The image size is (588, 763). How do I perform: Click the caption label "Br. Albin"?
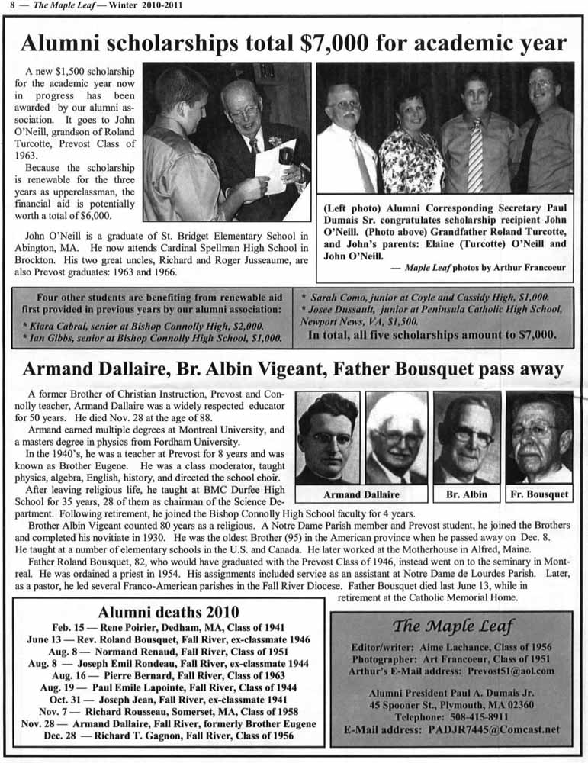(x=465, y=494)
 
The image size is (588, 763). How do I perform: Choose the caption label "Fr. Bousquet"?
(x=539, y=494)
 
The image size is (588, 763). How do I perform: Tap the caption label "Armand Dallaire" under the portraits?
(x=361, y=494)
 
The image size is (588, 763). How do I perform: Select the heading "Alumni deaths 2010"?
(x=169, y=611)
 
